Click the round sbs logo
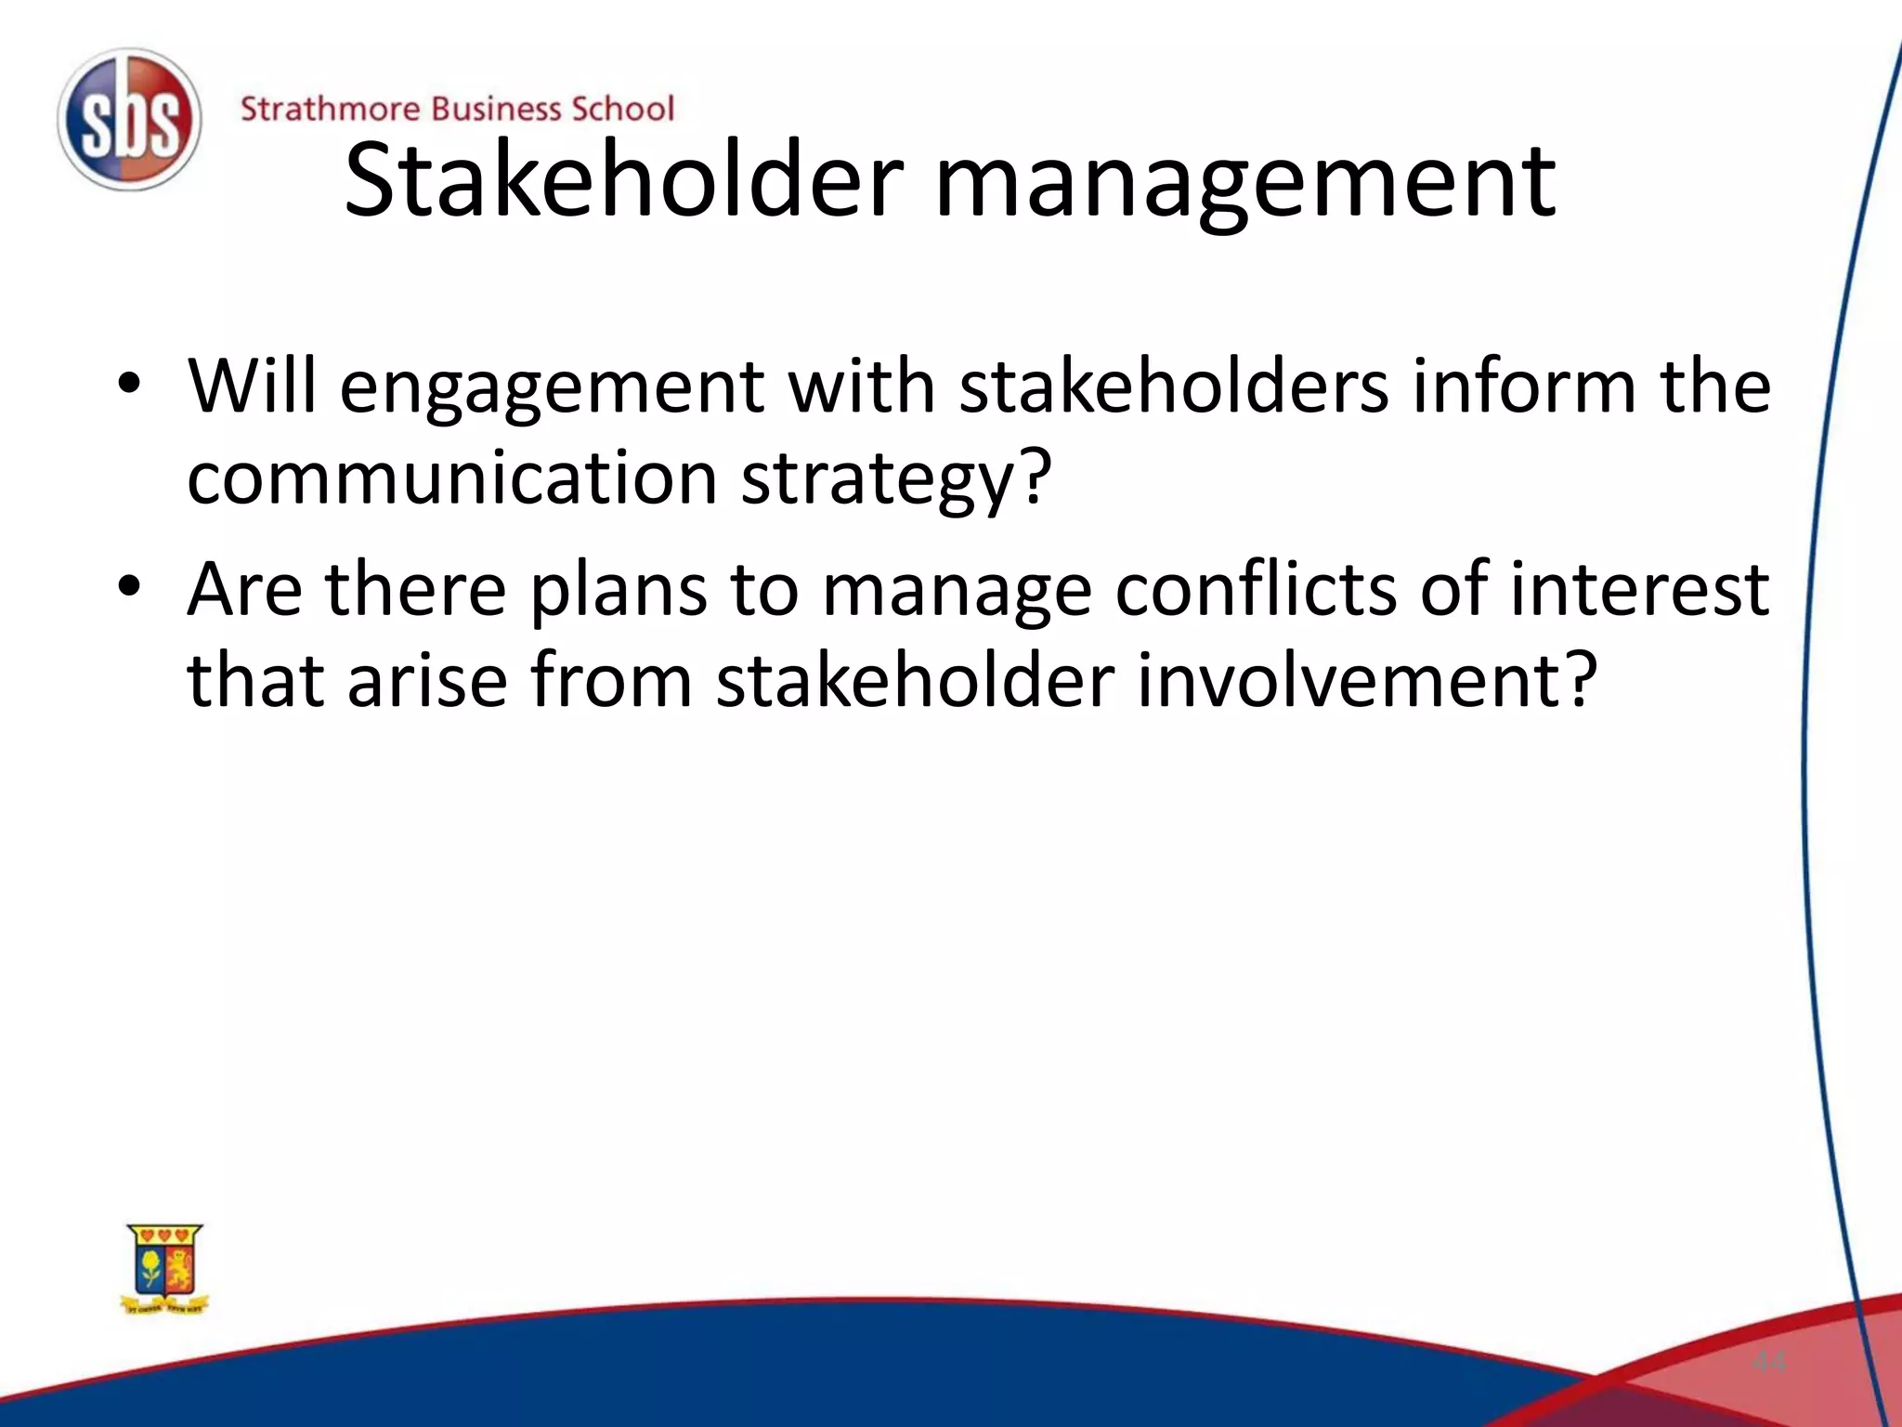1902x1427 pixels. (129, 121)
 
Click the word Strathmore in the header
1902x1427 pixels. (330, 110)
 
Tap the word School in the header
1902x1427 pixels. (621, 110)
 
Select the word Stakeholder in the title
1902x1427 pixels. (623, 180)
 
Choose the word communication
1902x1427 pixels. (452, 478)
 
